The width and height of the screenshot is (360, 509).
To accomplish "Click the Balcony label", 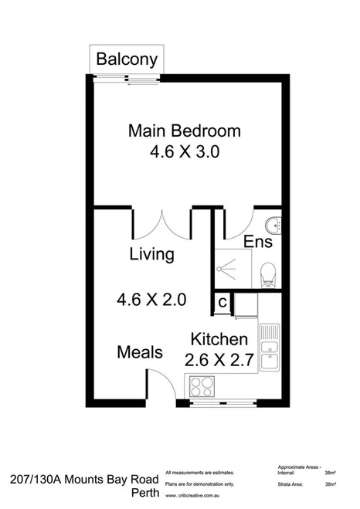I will pyautogui.click(x=127, y=59).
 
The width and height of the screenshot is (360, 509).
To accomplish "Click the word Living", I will pyautogui.click(x=151, y=254).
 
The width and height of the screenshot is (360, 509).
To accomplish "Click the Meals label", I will pyautogui.click(x=140, y=352).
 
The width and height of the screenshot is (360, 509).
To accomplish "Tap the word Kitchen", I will pyautogui.click(x=219, y=339).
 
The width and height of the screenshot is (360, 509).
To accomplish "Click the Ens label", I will pyautogui.click(x=257, y=243).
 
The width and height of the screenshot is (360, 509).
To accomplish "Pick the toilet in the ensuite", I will pyautogui.click(x=268, y=273).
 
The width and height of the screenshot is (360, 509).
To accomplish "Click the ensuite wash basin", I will pyautogui.click(x=272, y=226).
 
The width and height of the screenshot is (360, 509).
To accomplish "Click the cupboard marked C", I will pyautogui.click(x=222, y=302).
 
